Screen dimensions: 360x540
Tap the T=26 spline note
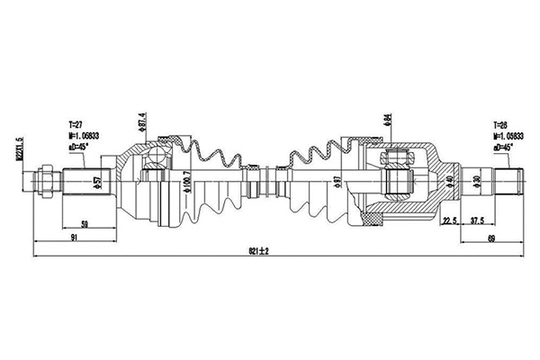pyautogui.click(x=501, y=124)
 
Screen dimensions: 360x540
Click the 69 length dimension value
pyautogui.click(x=491, y=237)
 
